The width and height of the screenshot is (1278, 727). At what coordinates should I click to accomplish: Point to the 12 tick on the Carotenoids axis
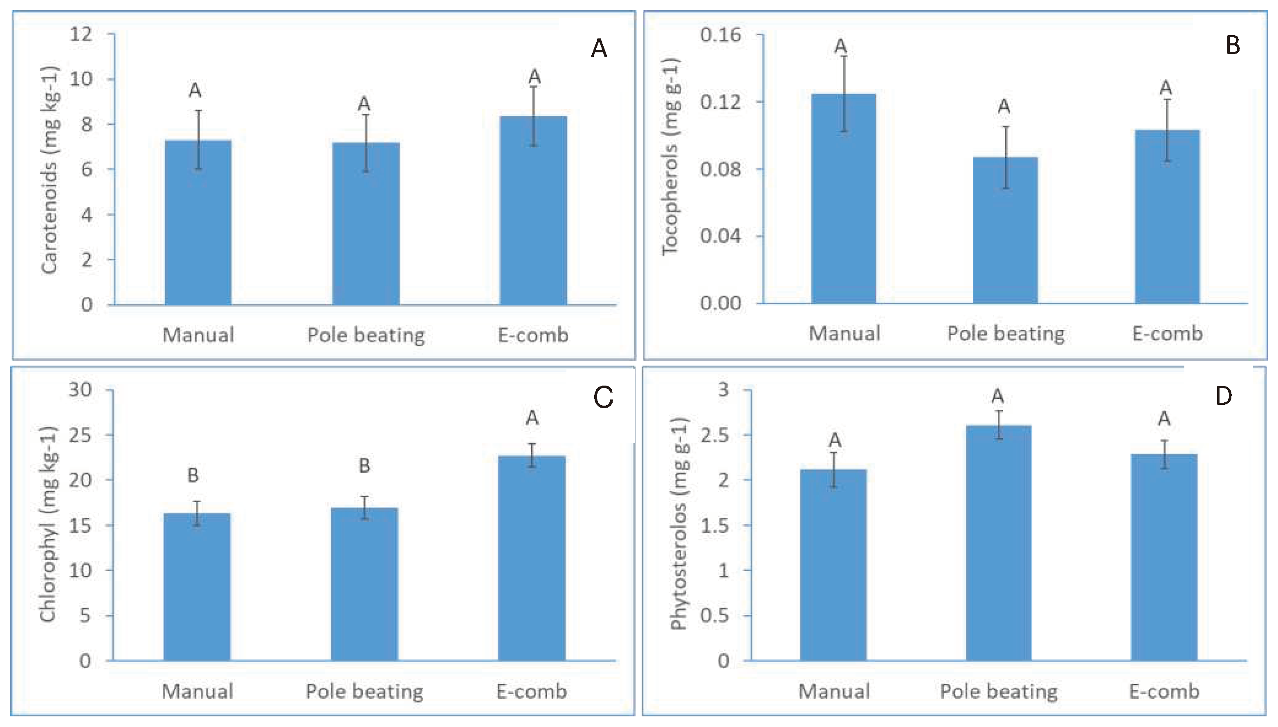pyautogui.click(x=81, y=34)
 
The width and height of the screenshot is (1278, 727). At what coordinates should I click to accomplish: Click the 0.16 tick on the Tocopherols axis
pyautogui.click(x=720, y=35)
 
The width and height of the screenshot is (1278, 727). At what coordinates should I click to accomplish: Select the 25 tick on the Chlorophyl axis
pyautogui.click(x=81, y=435)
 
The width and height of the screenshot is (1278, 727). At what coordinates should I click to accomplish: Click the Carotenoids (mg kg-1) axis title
pyautogui.click(x=50, y=170)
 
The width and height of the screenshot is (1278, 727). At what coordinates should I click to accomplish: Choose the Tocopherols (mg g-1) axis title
pyautogui.click(x=670, y=157)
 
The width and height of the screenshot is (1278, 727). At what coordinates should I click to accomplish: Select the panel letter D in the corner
pyautogui.click(x=1224, y=396)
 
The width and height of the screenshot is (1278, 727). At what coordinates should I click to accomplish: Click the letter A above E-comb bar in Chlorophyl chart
pyautogui.click(x=532, y=418)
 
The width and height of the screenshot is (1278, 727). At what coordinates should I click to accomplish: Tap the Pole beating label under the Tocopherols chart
pyautogui.click(x=1006, y=334)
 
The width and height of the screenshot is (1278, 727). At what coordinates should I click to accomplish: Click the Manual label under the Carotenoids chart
pyautogui.click(x=198, y=335)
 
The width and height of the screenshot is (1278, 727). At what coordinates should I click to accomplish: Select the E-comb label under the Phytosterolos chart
pyautogui.click(x=1164, y=691)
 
